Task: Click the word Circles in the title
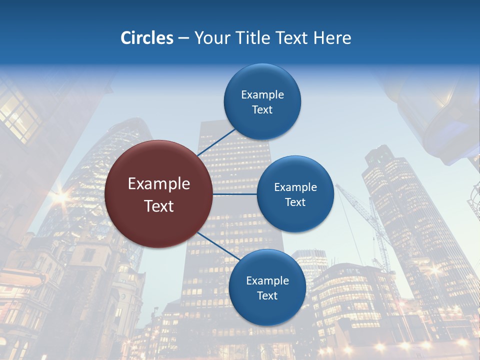click(x=147, y=38)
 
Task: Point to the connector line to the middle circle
click(x=235, y=194)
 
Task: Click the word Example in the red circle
click(x=159, y=184)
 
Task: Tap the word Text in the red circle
click(x=159, y=206)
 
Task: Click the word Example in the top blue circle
click(x=262, y=95)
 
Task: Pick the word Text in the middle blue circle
click(x=295, y=202)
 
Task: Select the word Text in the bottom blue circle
click(x=267, y=296)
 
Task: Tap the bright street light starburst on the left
click(x=60, y=196)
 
